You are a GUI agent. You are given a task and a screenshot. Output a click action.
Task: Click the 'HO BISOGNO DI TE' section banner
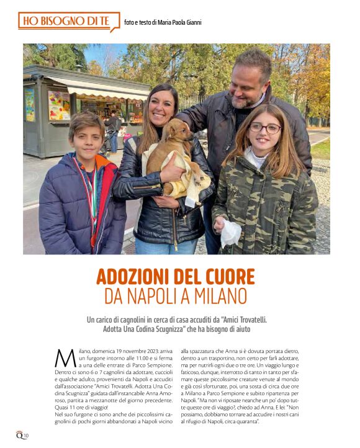coord(67,21)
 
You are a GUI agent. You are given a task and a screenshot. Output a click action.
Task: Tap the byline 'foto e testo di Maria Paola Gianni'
coord(163,23)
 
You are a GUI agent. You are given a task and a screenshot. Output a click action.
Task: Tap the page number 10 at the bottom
coord(25,436)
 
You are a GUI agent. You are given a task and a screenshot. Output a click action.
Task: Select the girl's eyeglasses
coord(265,128)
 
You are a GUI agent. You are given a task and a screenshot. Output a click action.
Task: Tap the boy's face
coord(86,135)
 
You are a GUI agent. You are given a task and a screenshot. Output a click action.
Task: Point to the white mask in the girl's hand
coord(230,233)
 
